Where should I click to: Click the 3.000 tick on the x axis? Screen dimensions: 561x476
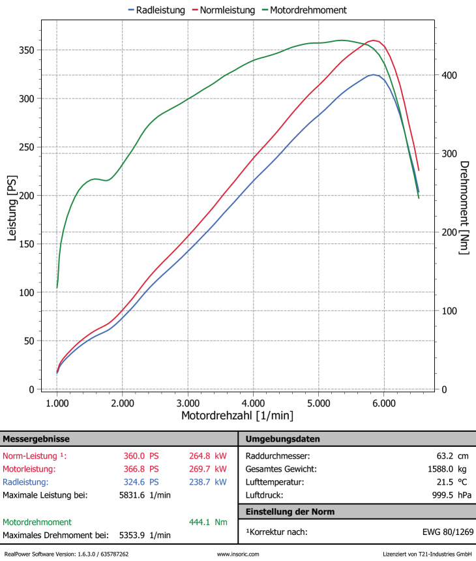[x=188, y=404]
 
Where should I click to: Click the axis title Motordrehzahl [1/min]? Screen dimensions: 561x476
[x=237, y=416]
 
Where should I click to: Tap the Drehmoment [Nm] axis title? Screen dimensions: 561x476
[x=464, y=207]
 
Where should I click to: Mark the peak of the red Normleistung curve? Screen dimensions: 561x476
[x=374, y=40]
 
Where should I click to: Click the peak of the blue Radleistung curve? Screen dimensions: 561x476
[x=374, y=74]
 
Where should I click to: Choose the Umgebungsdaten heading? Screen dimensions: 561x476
[x=283, y=439]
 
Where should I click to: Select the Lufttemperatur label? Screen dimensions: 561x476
[x=274, y=482]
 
